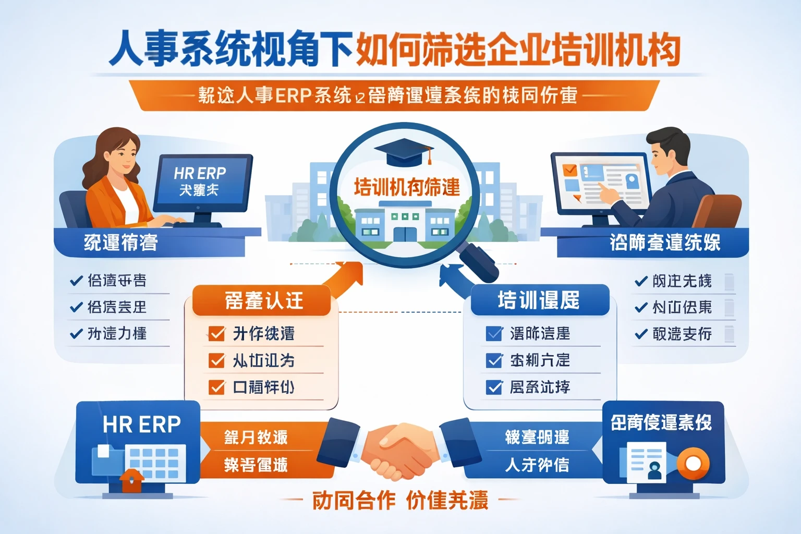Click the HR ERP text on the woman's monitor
pyautogui.click(x=200, y=173)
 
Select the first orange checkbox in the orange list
pyautogui.click(x=216, y=333)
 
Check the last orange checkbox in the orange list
pyautogui.click(x=216, y=387)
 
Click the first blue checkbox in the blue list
pyautogui.click(x=493, y=333)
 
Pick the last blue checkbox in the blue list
pyautogui.click(x=493, y=387)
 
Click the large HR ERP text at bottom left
pyautogui.click(x=141, y=424)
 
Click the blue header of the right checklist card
pyautogui.click(x=539, y=300)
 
